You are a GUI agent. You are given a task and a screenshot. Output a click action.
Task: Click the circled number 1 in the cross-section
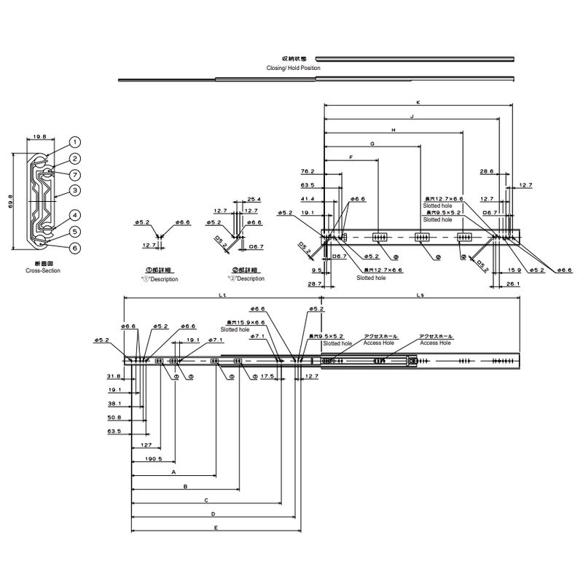click(76, 143)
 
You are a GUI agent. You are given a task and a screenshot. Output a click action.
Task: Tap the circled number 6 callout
click(76, 248)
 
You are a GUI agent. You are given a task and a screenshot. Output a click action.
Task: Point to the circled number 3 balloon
click(76, 190)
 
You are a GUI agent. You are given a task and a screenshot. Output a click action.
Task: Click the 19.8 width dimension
click(39, 136)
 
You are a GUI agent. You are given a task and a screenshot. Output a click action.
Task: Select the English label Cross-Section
click(42, 270)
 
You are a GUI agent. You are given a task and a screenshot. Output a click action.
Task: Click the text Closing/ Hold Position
click(293, 67)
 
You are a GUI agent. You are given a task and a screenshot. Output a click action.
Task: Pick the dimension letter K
click(418, 101)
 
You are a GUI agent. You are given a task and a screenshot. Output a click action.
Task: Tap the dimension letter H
click(394, 130)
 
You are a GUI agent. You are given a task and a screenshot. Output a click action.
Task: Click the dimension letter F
click(351, 157)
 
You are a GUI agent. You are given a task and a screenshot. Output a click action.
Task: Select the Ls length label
click(420, 294)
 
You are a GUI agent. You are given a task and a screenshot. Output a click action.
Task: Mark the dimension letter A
click(173, 472)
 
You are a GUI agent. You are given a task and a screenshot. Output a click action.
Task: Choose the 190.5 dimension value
click(154, 459)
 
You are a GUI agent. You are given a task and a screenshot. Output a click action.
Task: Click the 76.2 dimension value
click(307, 172)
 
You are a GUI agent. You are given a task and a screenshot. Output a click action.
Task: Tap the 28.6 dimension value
click(487, 172)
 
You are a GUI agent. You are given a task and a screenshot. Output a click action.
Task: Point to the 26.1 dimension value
click(512, 283)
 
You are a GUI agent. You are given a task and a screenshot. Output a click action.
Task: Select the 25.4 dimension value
click(254, 198)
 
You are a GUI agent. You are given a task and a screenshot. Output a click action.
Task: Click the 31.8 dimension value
click(114, 377)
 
